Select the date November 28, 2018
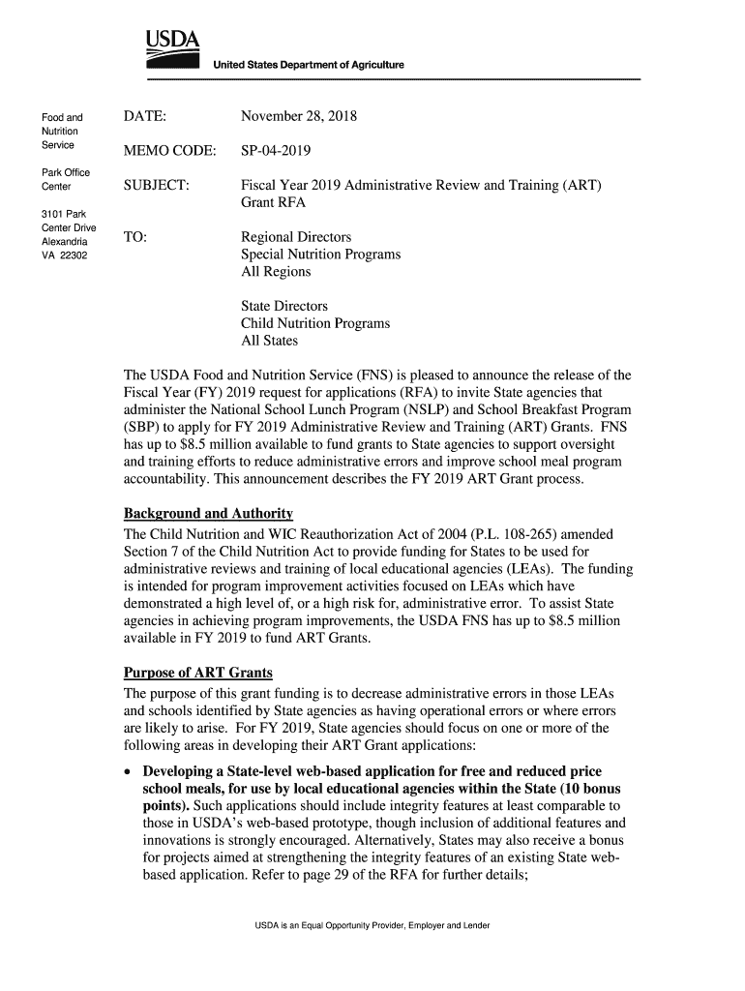(x=299, y=117)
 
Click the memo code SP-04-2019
(x=283, y=152)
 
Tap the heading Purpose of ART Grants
(x=198, y=672)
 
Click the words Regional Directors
(x=296, y=237)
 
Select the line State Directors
(x=284, y=306)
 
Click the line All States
(x=270, y=341)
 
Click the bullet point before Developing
(x=130, y=771)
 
